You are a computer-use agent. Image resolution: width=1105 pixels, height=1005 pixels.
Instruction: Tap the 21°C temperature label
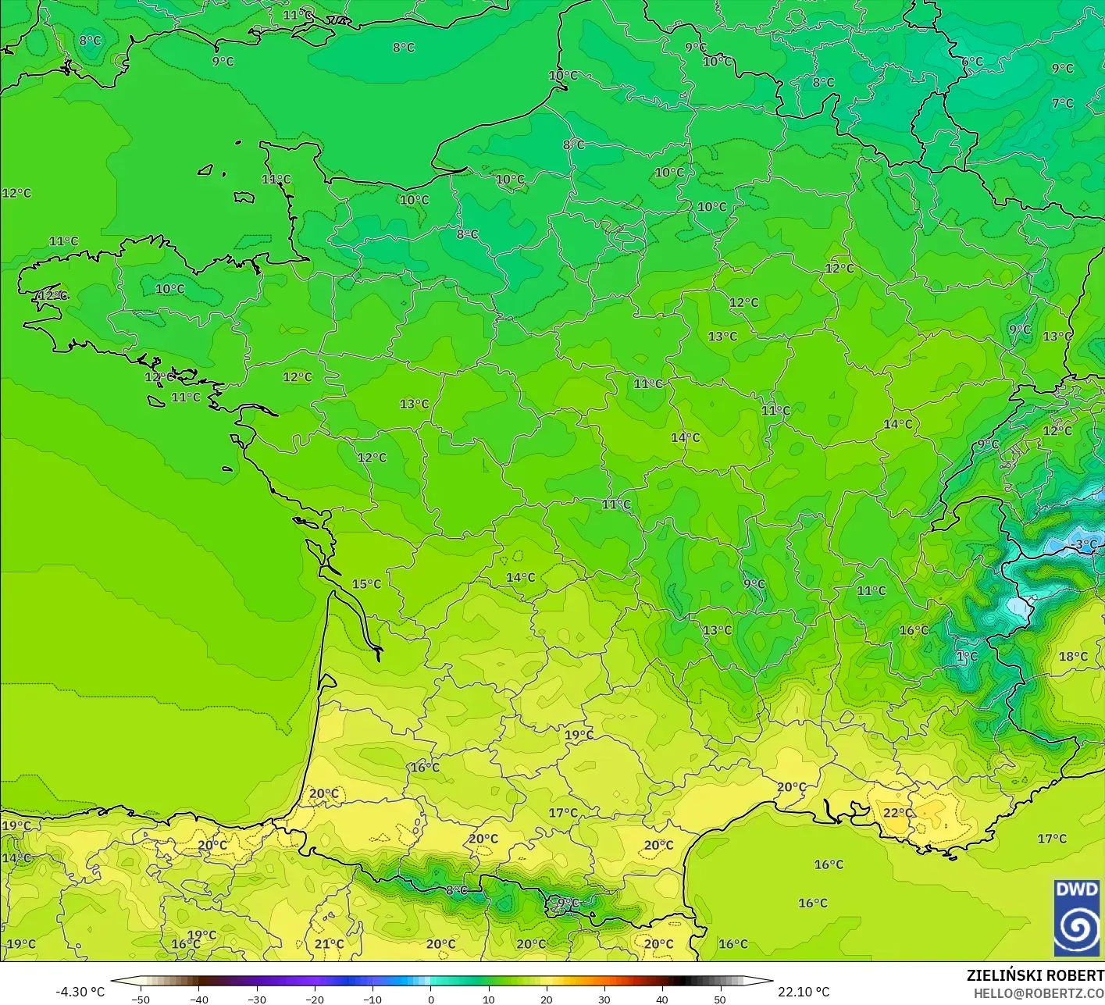pos(329,944)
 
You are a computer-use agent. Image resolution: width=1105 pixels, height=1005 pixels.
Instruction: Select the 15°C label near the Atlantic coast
pos(366,584)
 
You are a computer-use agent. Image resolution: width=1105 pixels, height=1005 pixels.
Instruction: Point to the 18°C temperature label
pos(1073,657)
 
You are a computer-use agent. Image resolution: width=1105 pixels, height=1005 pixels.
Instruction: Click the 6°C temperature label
pos(972,62)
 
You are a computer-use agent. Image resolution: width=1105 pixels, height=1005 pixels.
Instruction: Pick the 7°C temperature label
pos(1062,103)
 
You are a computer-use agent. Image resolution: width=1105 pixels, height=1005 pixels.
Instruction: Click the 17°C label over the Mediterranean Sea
pos(1052,839)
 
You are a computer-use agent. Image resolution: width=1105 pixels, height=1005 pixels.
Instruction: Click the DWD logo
pos(1077,918)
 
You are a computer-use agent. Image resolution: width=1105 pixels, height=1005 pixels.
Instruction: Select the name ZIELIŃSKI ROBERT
pos(1035,975)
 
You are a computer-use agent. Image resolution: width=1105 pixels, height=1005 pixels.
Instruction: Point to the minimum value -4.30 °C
pos(80,992)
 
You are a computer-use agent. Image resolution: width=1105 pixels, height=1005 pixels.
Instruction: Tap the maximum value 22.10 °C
pos(804,992)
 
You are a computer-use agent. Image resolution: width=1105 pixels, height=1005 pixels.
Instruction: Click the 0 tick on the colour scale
pos(431,999)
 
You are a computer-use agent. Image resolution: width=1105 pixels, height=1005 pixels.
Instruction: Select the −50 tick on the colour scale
pos(141,999)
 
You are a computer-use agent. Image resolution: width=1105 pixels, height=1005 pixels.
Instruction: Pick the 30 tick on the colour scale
pos(604,999)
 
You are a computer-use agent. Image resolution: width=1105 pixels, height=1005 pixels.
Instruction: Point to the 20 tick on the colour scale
pos(547,999)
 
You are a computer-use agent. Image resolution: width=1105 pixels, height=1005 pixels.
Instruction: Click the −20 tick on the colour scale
pos(314,999)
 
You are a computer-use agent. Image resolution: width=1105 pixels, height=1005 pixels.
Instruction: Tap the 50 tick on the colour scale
pos(720,999)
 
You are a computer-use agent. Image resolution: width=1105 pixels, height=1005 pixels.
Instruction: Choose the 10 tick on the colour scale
pos(489,999)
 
